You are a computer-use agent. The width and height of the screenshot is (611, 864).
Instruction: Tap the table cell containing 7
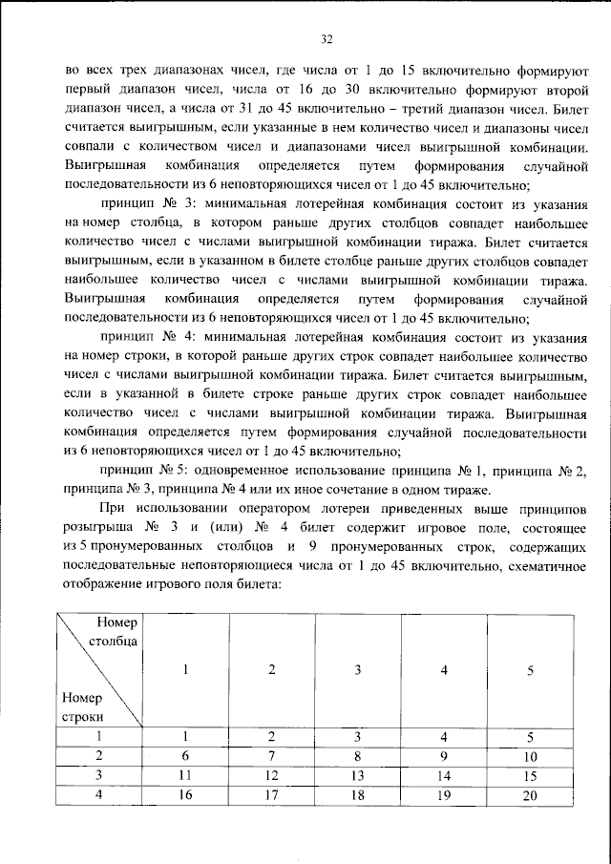coord(272,755)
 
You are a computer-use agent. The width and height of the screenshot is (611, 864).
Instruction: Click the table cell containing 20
coord(530,795)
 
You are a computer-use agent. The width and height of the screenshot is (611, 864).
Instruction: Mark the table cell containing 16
coord(187,795)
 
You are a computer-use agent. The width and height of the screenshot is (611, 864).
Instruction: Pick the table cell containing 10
coord(530,755)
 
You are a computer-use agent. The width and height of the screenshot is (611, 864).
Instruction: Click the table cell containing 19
coord(444,795)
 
